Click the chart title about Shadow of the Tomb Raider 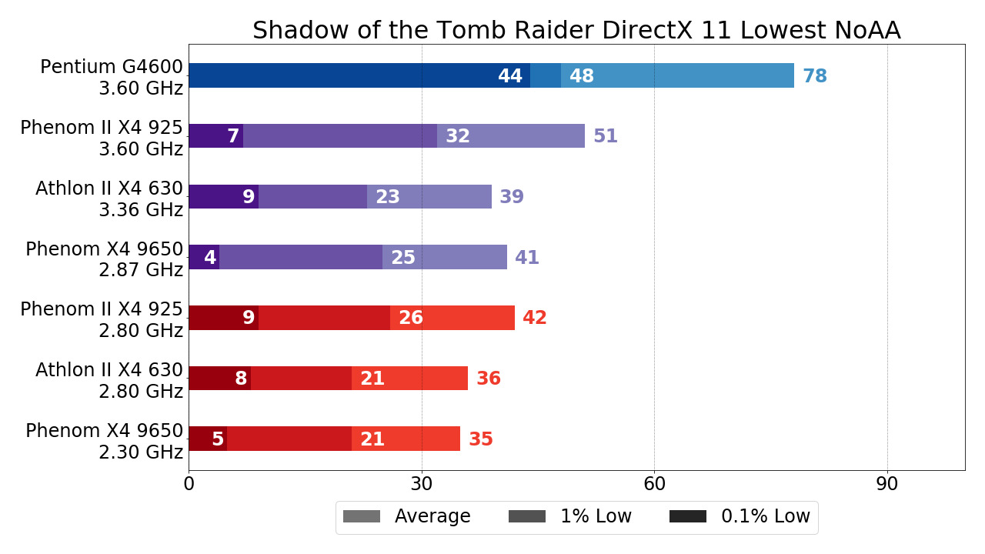(x=576, y=30)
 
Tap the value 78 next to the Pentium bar (x=814, y=76)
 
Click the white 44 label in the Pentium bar (x=510, y=76)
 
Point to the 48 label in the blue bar (x=582, y=76)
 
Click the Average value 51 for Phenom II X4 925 (x=605, y=136)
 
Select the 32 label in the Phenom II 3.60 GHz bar (x=458, y=136)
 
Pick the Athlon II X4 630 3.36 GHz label (x=109, y=199)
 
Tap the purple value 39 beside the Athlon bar (x=512, y=197)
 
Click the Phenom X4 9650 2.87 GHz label (x=105, y=259)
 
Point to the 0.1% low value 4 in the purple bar (x=209, y=258)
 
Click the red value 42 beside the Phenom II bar (x=535, y=318)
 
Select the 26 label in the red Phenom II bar (x=411, y=318)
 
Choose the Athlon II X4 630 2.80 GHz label (x=109, y=380)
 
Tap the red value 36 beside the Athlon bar (x=488, y=379)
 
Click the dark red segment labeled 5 (x=208, y=439)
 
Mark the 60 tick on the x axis (x=654, y=484)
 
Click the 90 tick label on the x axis (x=887, y=484)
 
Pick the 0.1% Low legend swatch (x=687, y=516)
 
